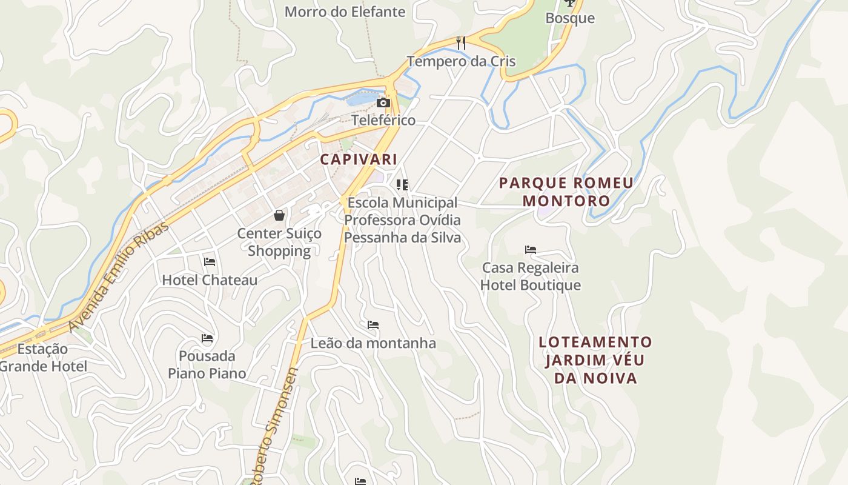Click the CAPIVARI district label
click(x=358, y=159)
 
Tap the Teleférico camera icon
click(x=383, y=103)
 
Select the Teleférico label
click(x=383, y=120)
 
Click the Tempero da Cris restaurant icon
click(x=461, y=43)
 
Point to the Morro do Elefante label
click(x=345, y=12)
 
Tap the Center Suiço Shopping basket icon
click(x=279, y=215)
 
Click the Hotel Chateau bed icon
click(x=210, y=262)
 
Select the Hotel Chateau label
click(x=210, y=280)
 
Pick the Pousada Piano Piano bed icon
click(x=207, y=338)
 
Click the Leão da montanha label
click(x=373, y=343)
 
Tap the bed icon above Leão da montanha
click(x=373, y=325)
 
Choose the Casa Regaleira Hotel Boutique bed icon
click(x=531, y=249)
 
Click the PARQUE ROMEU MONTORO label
click(x=566, y=192)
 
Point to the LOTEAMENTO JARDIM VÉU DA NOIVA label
click(x=595, y=360)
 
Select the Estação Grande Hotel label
click(x=43, y=358)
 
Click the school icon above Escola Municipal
click(x=402, y=184)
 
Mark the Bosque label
click(x=570, y=18)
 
